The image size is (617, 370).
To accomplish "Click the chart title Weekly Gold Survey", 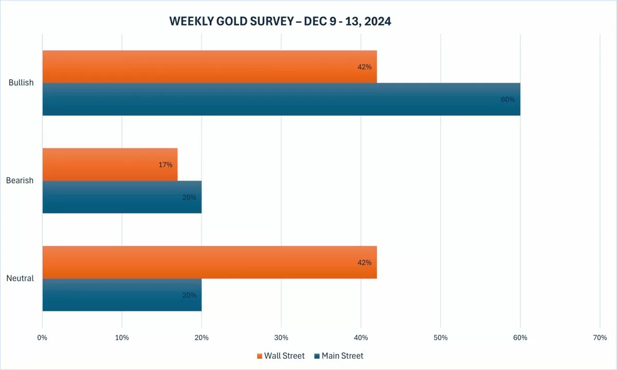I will pyautogui.click(x=280, y=22).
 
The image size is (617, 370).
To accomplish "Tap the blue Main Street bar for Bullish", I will pyautogui.click(x=281, y=99).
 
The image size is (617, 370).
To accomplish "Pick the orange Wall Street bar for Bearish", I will pyautogui.click(x=110, y=164).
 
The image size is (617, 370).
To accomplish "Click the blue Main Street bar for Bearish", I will pyautogui.click(x=122, y=197).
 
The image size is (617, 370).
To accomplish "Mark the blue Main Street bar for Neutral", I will pyautogui.click(x=122, y=295).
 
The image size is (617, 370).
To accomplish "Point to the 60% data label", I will pyautogui.click(x=507, y=99).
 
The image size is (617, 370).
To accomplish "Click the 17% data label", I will pyautogui.click(x=165, y=165).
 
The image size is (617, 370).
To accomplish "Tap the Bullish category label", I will pyautogui.click(x=21, y=83).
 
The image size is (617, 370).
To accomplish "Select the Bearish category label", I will pyautogui.click(x=20, y=181).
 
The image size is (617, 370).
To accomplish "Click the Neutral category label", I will pyautogui.click(x=20, y=278).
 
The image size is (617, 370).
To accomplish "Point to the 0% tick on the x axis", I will pyautogui.click(x=42, y=338).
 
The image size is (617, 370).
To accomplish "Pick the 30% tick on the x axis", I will pyautogui.click(x=281, y=338).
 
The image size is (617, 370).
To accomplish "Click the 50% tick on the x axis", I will pyautogui.click(x=441, y=338).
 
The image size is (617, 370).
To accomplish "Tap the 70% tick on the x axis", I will pyautogui.click(x=600, y=338).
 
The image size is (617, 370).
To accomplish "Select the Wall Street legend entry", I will pyautogui.click(x=281, y=356).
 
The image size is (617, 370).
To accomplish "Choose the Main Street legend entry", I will pyautogui.click(x=339, y=356).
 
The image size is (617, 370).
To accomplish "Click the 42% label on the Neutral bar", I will pyautogui.click(x=364, y=262).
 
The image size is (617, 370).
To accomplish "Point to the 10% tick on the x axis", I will pyautogui.click(x=122, y=338).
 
